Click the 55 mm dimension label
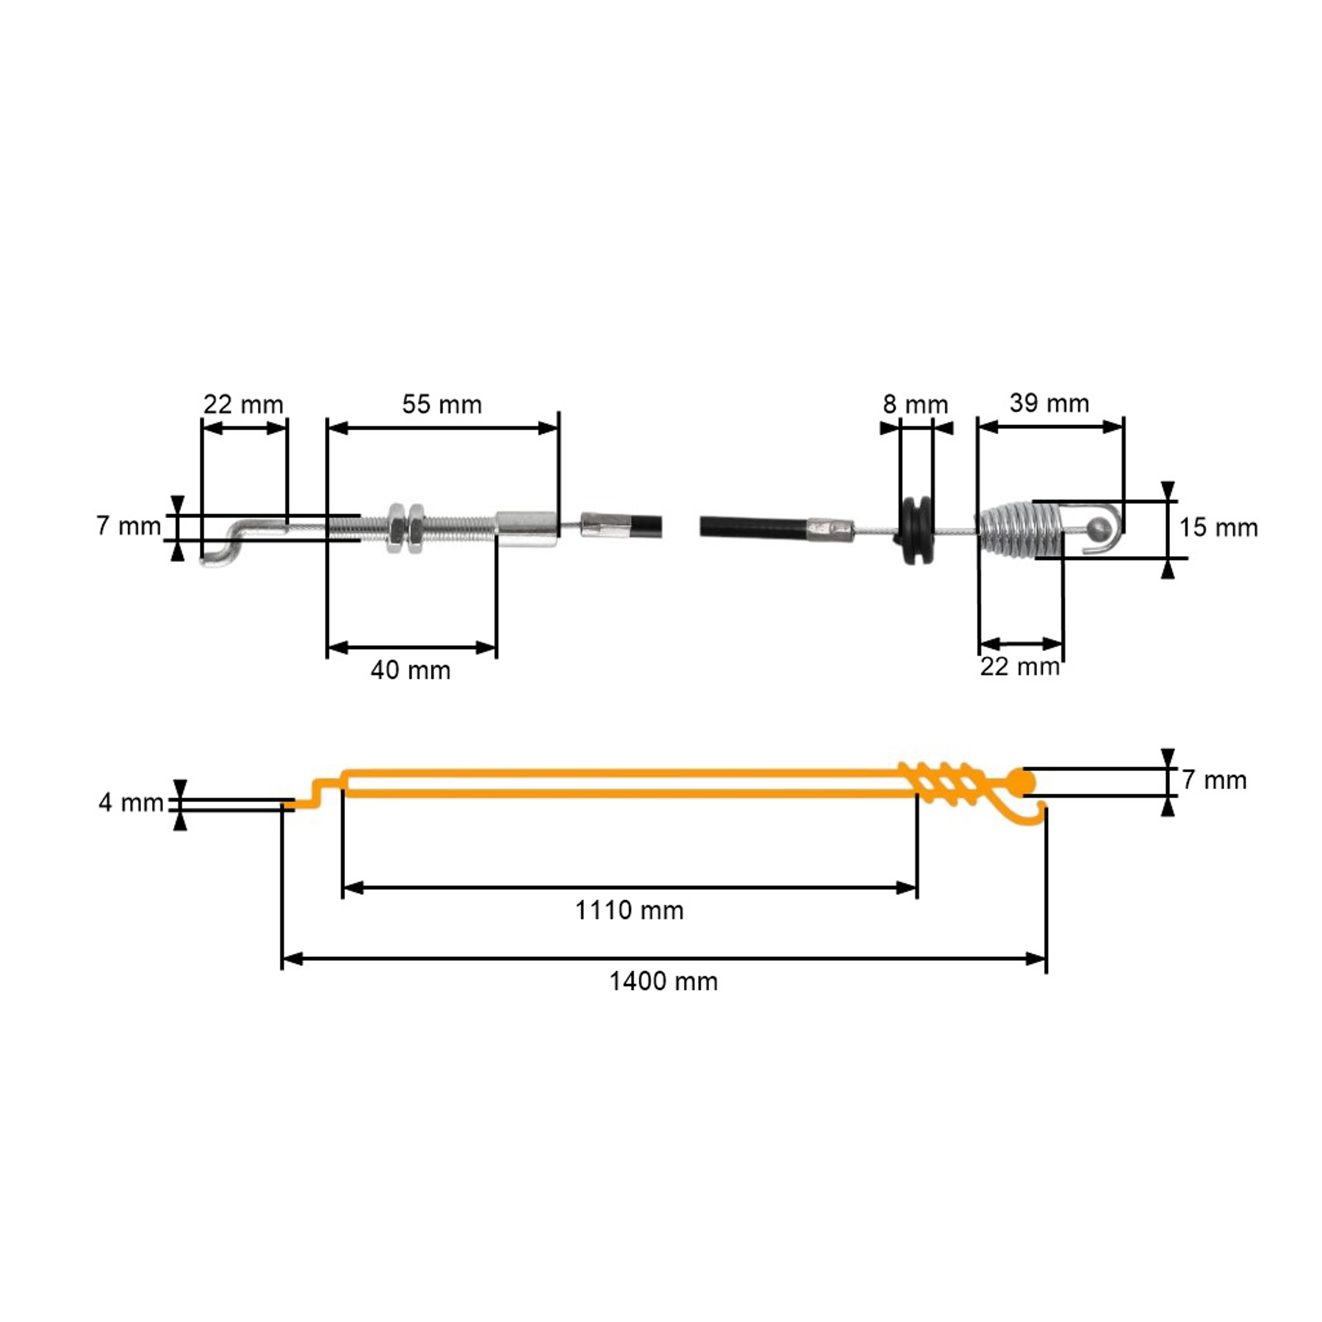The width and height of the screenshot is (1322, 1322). pos(442,405)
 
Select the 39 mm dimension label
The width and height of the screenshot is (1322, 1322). pos(1049,403)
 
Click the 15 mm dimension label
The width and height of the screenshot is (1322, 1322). pos(1218,527)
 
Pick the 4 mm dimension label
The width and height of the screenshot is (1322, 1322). pos(131,802)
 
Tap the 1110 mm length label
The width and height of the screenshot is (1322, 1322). pos(629,911)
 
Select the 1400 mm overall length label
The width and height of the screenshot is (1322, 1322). pos(663,982)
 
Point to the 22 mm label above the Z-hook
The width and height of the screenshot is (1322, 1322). pos(243,405)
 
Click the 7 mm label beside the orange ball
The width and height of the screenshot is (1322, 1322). pos(1214,780)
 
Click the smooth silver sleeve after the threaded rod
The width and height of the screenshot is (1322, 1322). pos(526,529)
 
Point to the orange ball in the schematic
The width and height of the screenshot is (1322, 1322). pos(1021,782)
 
